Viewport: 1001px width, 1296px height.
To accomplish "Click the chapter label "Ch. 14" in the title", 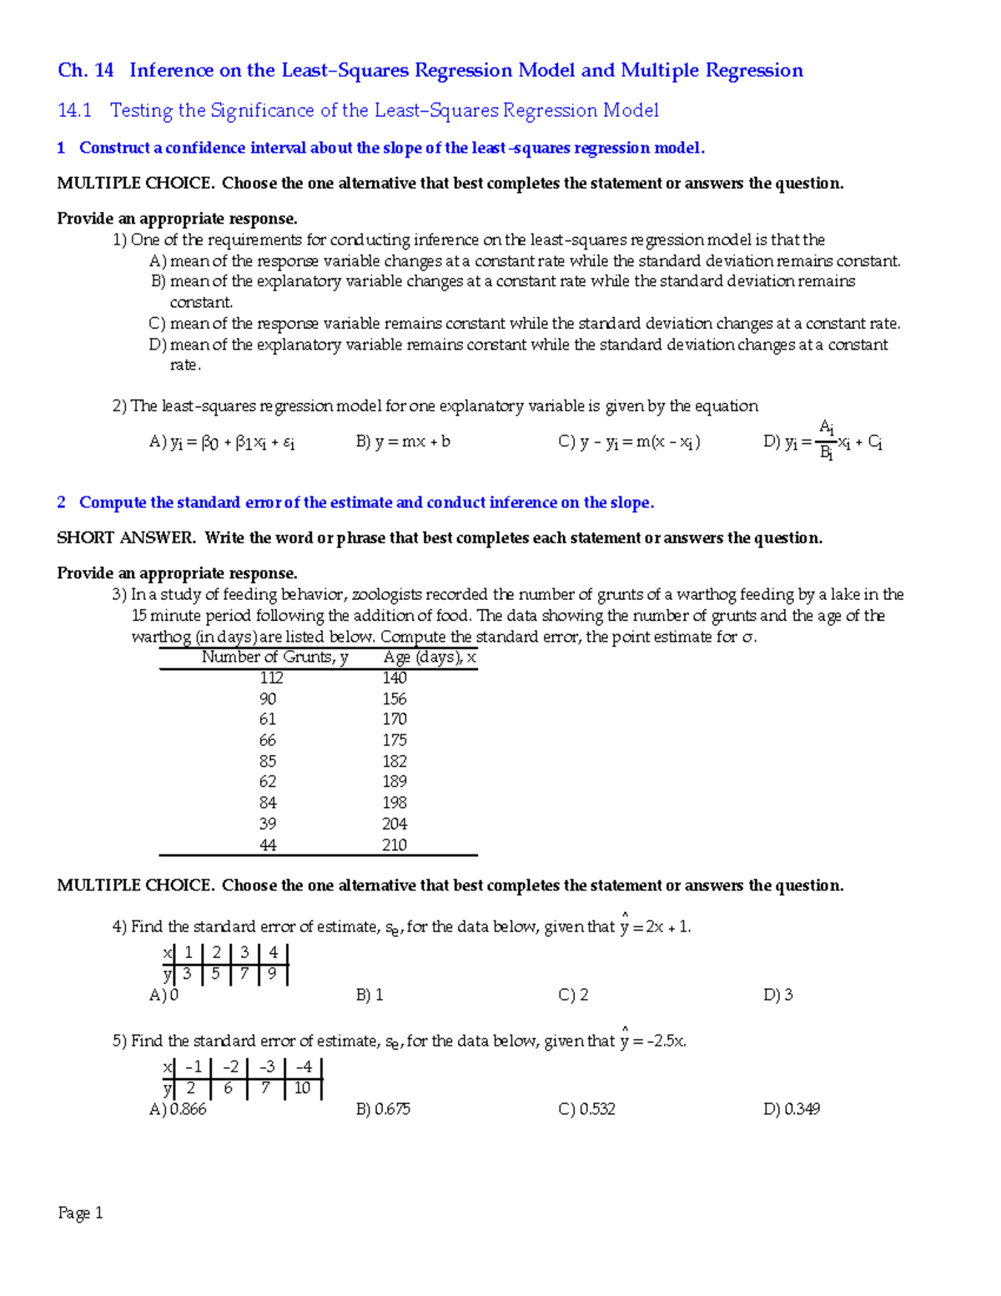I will pyautogui.click(x=85, y=70).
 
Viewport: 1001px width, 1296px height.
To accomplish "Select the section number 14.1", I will pyautogui.click(x=74, y=110).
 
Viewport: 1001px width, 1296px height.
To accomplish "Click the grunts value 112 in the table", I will pyautogui.click(x=271, y=678).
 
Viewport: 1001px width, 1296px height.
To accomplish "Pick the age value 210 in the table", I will pyautogui.click(x=394, y=845).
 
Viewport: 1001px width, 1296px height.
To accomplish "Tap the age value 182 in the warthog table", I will pyautogui.click(x=394, y=761).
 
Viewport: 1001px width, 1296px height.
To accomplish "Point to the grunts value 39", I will pyautogui.click(x=268, y=824).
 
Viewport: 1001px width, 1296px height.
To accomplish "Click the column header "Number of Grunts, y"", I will pyautogui.click(x=274, y=658).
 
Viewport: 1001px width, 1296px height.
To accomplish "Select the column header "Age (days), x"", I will pyautogui.click(x=430, y=658).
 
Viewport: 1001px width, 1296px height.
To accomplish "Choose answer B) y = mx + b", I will pyautogui.click(x=403, y=441).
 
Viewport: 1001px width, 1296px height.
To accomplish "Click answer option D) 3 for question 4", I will pyautogui.click(x=777, y=995).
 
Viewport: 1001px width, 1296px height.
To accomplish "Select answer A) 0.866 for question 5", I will pyautogui.click(x=178, y=1109).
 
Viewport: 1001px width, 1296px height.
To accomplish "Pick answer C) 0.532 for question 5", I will pyautogui.click(x=586, y=1109).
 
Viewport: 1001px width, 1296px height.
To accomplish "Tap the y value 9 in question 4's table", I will pyautogui.click(x=272, y=974).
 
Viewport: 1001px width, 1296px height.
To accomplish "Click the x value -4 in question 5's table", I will pyautogui.click(x=303, y=1067).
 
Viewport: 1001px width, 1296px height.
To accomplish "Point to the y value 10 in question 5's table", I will pyautogui.click(x=302, y=1088).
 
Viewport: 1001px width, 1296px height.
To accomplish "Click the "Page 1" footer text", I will pyautogui.click(x=80, y=1213).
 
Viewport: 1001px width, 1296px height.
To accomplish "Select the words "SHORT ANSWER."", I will pyautogui.click(x=126, y=538).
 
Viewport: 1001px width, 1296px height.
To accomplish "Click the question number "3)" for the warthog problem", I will pyautogui.click(x=119, y=595).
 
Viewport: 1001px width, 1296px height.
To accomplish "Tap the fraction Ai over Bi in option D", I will pyautogui.click(x=826, y=440).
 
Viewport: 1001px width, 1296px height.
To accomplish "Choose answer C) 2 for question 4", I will pyautogui.click(x=573, y=995).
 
